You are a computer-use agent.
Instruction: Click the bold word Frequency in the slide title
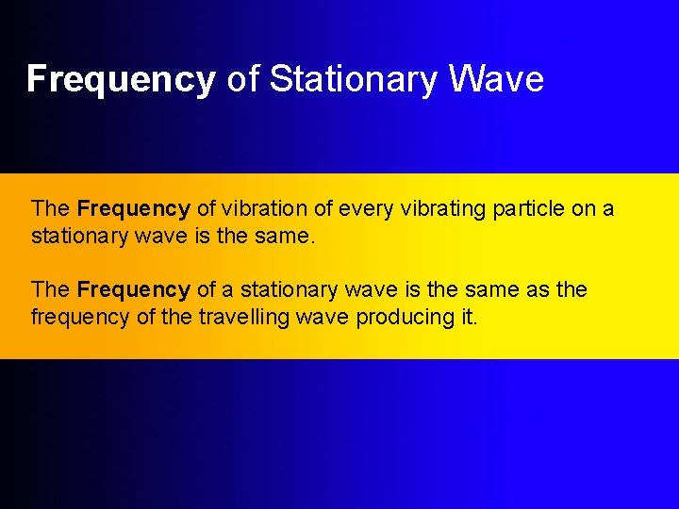[121, 80]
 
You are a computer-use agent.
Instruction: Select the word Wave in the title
[496, 80]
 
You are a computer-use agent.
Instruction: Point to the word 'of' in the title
[242, 80]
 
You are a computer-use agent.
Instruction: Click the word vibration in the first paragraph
[269, 208]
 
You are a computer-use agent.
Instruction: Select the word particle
[528, 208]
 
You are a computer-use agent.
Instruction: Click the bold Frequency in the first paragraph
[134, 208]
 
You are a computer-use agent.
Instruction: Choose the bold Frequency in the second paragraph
[134, 289]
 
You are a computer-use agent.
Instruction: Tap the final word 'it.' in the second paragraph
[469, 317]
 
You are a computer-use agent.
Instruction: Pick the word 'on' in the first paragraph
[583, 208]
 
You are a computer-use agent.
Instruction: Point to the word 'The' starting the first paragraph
[50, 208]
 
